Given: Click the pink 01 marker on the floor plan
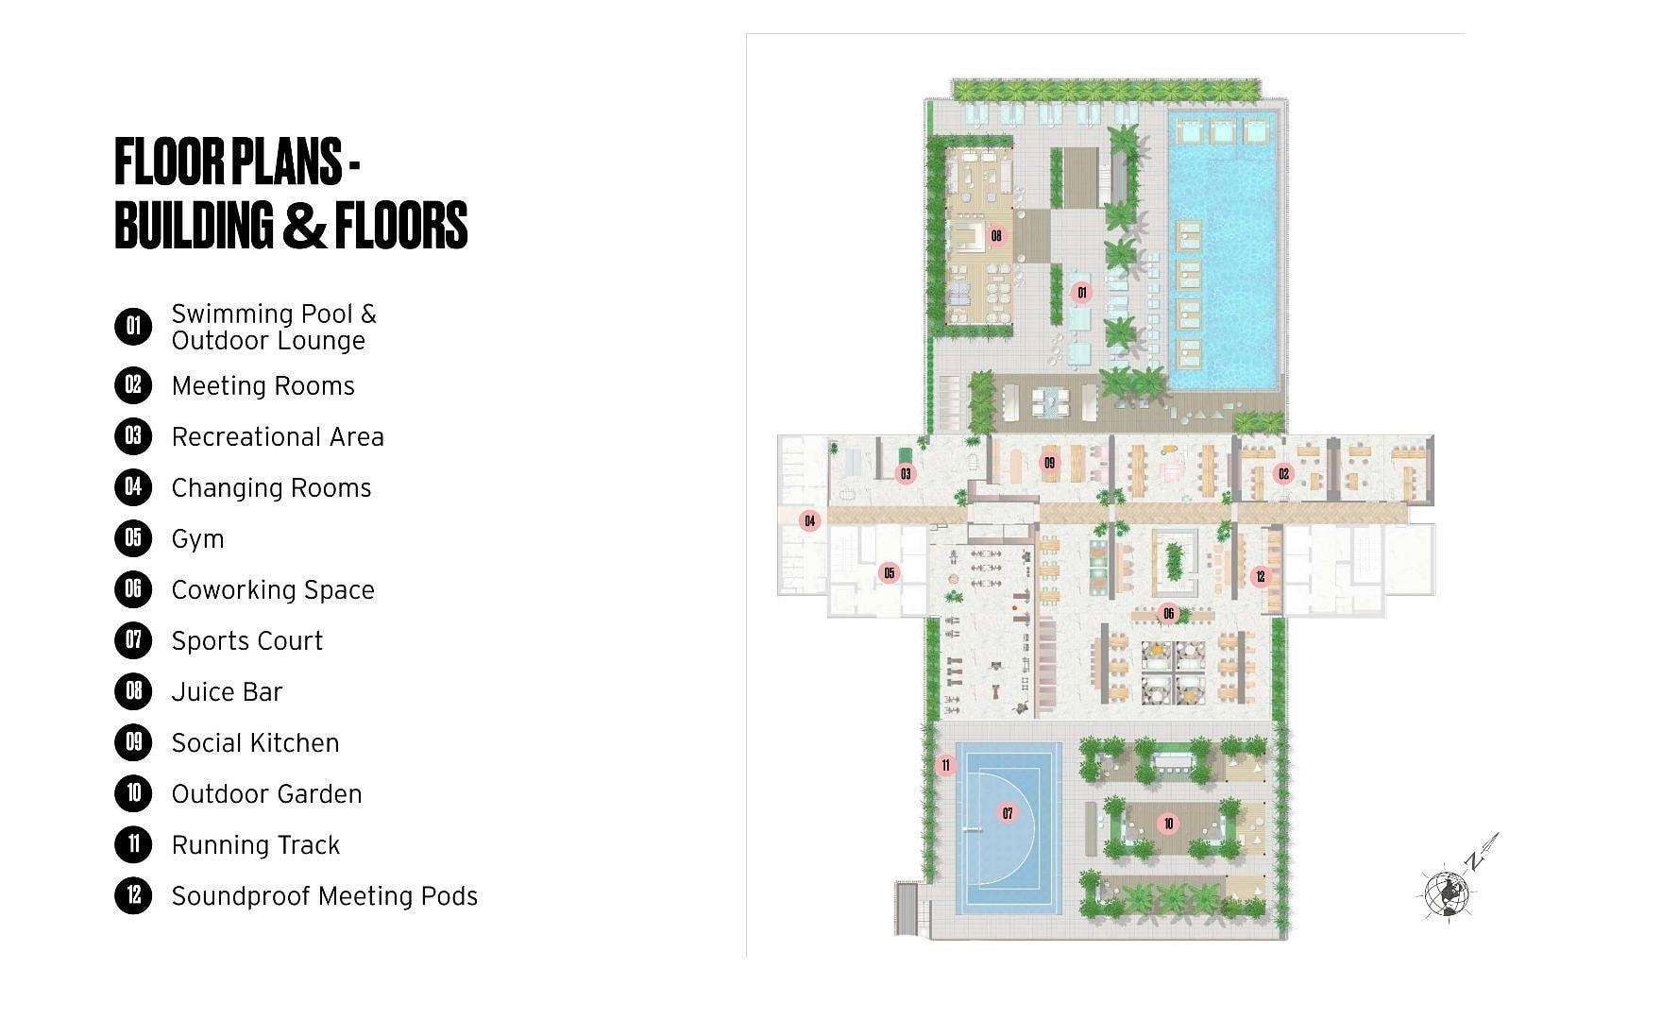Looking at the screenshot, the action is point(1082,293).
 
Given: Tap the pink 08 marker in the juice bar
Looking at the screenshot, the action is point(996,235).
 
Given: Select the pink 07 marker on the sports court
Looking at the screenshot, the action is point(1008,813).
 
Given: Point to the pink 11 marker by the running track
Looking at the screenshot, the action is point(946,765).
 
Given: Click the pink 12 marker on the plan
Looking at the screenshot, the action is point(1260,576).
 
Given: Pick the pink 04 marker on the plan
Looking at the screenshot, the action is point(809,520).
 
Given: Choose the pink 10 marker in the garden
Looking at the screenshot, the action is point(1168,824).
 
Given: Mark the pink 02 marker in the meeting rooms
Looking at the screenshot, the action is point(1283,473).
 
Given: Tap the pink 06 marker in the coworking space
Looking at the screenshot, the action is point(1168,614).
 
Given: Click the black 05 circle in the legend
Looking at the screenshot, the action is point(133,538).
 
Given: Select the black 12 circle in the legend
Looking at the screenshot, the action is point(133,895).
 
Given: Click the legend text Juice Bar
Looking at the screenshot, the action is point(227,692).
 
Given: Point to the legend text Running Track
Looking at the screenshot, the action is point(256,845).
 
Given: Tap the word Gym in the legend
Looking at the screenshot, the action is point(198,539).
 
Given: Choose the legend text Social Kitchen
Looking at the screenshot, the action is point(255,743).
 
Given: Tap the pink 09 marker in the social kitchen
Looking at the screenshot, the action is point(1049,463).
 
